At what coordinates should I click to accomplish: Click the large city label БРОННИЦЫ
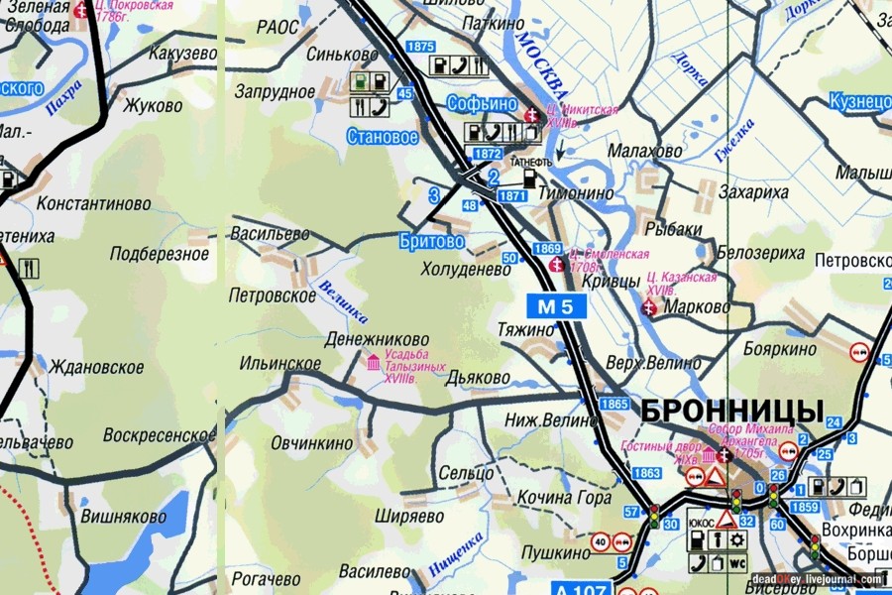click(x=731, y=410)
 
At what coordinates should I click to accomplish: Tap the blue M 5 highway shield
click(x=556, y=306)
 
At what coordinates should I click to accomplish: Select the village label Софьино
click(x=482, y=103)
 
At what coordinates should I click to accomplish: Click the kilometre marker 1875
click(x=420, y=47)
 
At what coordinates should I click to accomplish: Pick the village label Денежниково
click(x=377, y=339)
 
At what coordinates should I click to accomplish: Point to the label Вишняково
click(x=124, y=517)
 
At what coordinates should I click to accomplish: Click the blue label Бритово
click(x=432, y=241)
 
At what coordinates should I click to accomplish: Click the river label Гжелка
click(x=733, y=140)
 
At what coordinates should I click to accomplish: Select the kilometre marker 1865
click(x=614, y=404)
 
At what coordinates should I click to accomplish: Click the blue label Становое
click(x=383, y=138)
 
